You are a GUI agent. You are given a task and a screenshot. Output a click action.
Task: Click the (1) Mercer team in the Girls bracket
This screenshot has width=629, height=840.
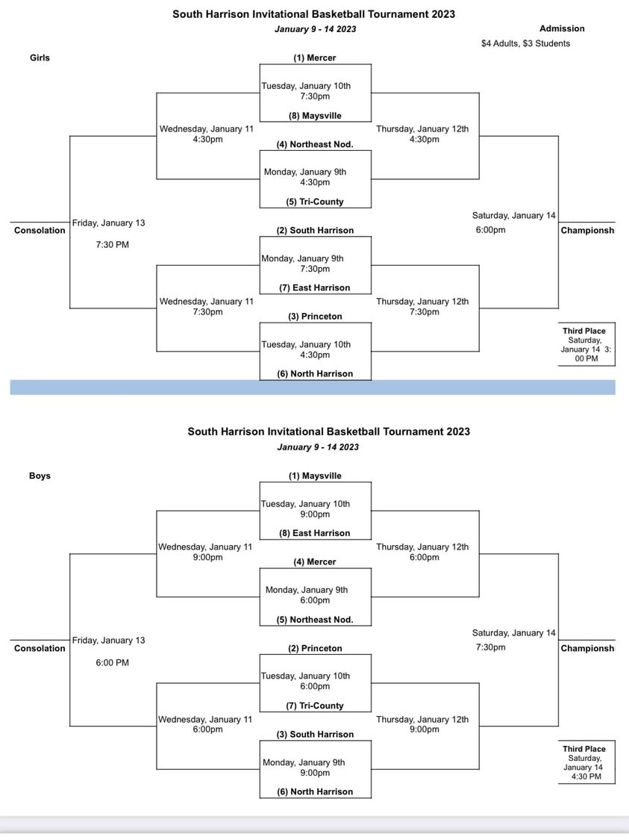pos(315,57)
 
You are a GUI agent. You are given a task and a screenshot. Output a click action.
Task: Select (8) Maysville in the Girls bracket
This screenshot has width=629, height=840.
pos(315,116)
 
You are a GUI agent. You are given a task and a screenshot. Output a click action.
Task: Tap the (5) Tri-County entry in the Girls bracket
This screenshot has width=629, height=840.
pos(315,202)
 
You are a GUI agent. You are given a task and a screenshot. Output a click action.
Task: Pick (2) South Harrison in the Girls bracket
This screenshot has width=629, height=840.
pos(315,231)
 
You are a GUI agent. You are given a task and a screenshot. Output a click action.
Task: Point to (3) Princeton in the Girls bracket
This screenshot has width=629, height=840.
pos(315,317)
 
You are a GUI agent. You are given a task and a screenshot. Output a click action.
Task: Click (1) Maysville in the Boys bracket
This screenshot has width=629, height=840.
pos(315,476)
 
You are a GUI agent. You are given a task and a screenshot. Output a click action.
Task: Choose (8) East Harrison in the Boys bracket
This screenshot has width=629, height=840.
pos(315,533)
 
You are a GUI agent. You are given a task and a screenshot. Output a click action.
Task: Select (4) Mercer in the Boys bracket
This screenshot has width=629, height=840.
pos(315,562)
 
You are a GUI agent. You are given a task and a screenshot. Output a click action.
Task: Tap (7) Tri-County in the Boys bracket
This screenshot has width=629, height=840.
pos(315,706)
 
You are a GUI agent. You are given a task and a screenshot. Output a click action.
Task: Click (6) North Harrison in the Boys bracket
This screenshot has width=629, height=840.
pos(315,791)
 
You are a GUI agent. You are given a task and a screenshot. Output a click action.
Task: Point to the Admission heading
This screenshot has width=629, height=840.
pos(562,29)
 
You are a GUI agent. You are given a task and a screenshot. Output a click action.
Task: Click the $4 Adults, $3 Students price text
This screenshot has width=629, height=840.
pos(525,43)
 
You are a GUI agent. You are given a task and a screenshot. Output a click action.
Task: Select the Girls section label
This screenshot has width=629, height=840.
pos(40,57)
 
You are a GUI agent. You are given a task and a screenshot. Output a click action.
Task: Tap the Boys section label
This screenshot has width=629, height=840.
pos(40,476)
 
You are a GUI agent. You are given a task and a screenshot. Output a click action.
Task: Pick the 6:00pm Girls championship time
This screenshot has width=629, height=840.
pos(490,230)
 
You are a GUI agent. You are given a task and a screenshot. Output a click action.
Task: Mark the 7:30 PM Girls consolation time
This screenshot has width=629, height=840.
pos(112,245)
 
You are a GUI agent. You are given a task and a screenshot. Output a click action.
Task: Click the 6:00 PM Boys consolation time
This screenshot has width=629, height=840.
pos(112,663)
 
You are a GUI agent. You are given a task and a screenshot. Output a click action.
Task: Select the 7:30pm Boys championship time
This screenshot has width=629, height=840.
pos(490,647)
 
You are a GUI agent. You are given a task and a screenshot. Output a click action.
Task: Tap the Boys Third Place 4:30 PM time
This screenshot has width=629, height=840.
pos(586,777)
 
